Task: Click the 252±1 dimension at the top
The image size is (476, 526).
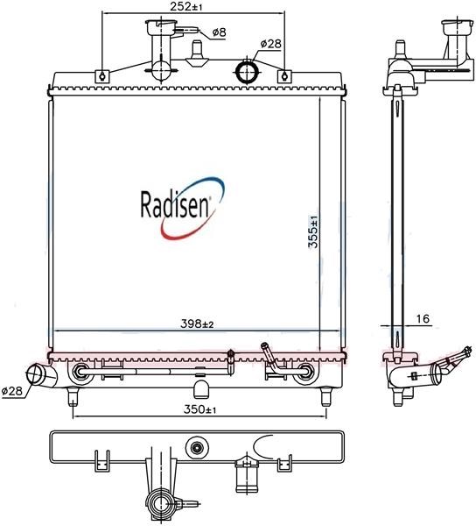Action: tap(186, 6)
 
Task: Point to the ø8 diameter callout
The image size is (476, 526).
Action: tap(220, 32)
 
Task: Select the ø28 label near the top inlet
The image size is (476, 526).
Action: tap(270, 44)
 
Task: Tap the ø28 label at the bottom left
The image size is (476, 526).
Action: tap(11, 390)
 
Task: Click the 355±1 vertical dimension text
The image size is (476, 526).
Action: tap(313, 231)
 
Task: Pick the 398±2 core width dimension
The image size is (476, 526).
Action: tap(197, 324)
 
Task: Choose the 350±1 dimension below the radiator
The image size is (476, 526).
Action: tap(199, 409)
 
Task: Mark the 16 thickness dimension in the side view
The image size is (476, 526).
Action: tap(423, 318)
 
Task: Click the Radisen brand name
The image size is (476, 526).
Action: tap(174, 204)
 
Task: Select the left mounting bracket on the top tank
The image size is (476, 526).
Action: tap(102, 76)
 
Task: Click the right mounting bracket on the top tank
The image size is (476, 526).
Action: tap(284, 76)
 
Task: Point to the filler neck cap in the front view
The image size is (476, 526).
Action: tap(161, 26)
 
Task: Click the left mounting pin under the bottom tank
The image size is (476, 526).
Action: tap(73, 396)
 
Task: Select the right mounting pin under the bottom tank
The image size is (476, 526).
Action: tap(326, 396)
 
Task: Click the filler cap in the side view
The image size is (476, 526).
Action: tap(456, 27)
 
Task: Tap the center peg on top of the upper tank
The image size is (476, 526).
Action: tap(197, 53)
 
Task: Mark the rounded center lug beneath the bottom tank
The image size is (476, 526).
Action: tap(201, 388)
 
